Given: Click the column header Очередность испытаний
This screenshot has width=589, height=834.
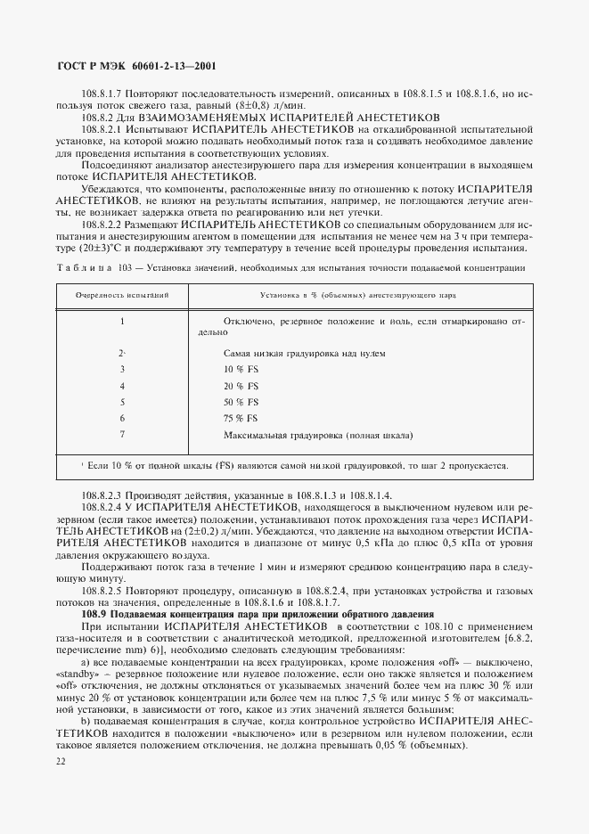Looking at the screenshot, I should [121, 293].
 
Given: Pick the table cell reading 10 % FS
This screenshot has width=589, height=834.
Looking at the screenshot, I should [241, 369].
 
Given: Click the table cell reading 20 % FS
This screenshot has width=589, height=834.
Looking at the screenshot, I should [241, 386].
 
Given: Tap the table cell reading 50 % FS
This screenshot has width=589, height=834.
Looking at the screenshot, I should [241, 402].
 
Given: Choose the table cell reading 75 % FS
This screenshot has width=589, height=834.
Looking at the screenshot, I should [241, 419].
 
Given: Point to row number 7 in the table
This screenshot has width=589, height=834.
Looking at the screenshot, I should [121, 435].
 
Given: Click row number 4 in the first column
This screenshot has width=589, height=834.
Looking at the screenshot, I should [121, 386].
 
